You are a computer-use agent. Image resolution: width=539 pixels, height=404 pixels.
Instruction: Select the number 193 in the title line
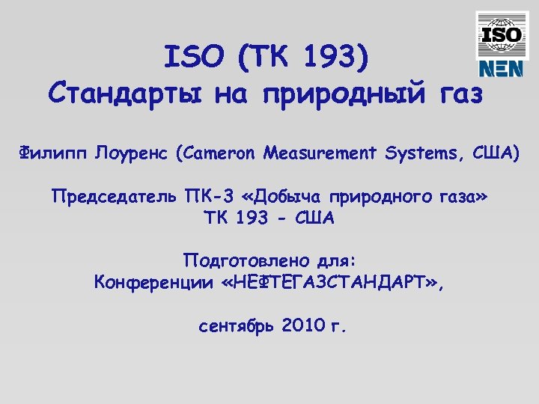coord(335,58)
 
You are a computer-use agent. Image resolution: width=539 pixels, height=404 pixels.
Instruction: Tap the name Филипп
coord(52,154)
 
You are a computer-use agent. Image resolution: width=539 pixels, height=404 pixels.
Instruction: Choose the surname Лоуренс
coord(132,154)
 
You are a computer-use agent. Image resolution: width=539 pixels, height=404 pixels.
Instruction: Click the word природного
coord(383,198)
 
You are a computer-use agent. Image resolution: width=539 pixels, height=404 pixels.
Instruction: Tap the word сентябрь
coord(237,326)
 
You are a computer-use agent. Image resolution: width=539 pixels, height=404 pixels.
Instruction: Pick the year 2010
coord(304,326)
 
